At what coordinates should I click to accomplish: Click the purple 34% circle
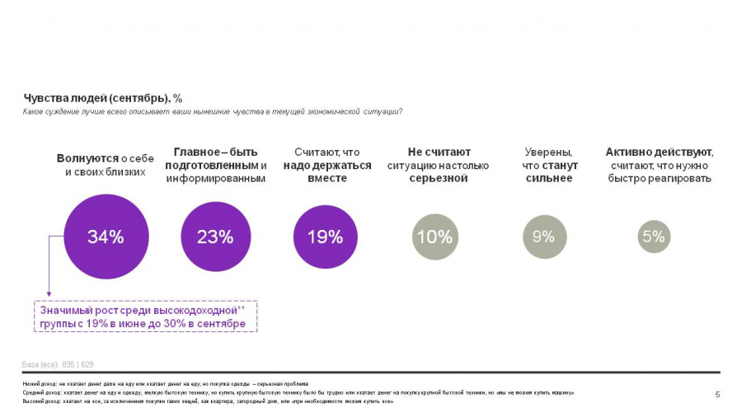(106, 237)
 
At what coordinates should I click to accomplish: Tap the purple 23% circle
(215, 237)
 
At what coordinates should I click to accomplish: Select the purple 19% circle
(325, 237)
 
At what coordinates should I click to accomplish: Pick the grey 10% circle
(434, 237)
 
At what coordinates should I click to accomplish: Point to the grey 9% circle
(543, 237)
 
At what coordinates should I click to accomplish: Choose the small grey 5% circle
(654, 237)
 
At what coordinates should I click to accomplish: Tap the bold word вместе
(327, 179)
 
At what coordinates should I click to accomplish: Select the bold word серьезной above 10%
(439, 179)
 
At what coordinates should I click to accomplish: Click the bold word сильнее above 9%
(548, 179)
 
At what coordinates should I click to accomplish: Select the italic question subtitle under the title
(212, 111)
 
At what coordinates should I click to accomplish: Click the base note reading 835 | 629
(78, 364)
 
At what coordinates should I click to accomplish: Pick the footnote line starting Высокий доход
(206, 402)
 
